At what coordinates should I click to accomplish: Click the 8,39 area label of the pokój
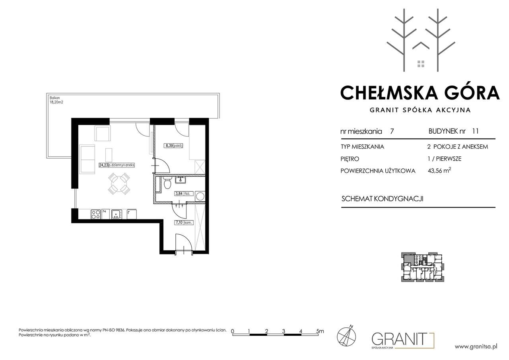point(169,146)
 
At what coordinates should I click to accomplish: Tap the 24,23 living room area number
point(103,165)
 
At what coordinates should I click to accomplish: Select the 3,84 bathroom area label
point(179,194)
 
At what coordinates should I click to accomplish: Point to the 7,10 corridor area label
point(179,222)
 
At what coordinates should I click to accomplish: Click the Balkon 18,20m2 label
point(56,100)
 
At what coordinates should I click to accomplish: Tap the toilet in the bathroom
point(167,183)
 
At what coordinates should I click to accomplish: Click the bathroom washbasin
point(181,181)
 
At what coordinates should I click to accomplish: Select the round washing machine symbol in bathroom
point(200,196)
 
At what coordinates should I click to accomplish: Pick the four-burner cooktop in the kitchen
point(96,214)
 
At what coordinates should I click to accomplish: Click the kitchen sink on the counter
point(117,214)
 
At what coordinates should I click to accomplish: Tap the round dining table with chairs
point(119,184)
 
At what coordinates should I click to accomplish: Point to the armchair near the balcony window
point(103,133)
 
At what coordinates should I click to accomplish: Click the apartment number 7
point(392,131)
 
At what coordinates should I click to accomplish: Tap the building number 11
point(475,131)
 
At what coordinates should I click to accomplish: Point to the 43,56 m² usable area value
point(439,171)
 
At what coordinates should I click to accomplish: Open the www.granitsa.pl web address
point(476,346)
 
